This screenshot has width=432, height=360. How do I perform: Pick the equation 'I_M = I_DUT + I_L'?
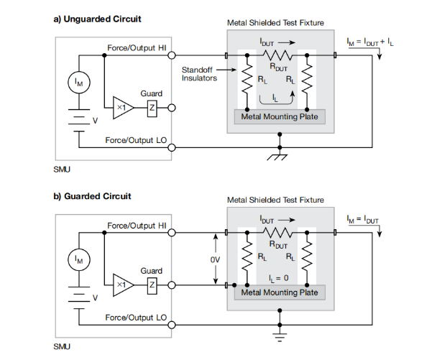[x=371, y=43]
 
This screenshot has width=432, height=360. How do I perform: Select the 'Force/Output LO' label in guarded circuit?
[x=137, y=316]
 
